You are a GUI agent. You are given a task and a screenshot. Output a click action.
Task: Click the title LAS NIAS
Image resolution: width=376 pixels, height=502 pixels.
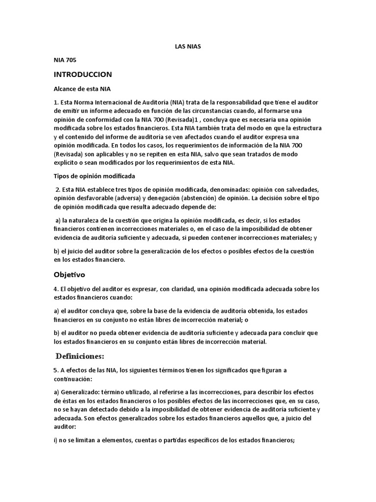188,47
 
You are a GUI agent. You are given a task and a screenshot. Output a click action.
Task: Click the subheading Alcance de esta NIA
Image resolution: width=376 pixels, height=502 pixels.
82,90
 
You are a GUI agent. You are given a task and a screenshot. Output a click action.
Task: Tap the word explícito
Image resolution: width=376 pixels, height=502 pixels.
68,163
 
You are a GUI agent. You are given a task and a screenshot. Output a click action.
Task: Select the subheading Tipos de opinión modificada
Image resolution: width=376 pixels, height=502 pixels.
94,176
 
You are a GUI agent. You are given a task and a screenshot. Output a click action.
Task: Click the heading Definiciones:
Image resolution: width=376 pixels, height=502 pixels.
80,355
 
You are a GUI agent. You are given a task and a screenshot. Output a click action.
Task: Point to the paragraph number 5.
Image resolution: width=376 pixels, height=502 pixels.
56,370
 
